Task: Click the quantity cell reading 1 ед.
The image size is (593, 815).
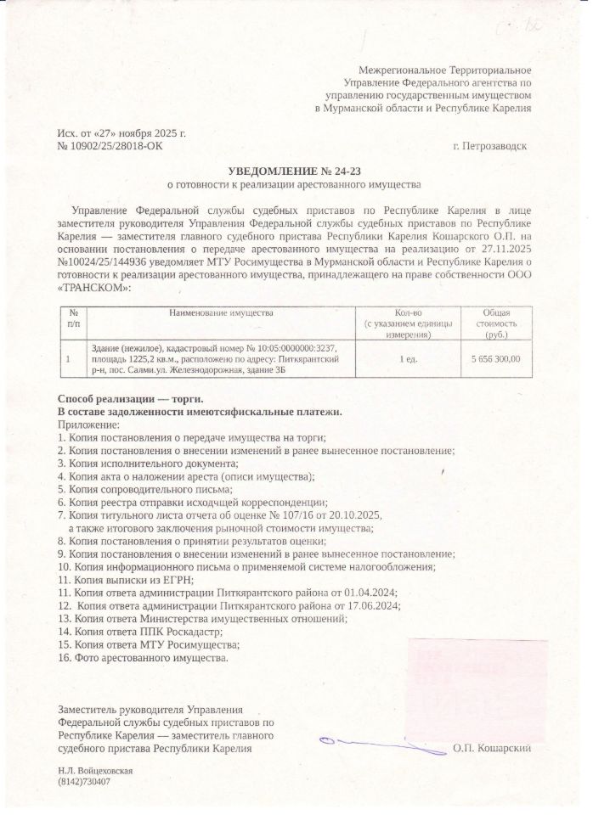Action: coord(408,360)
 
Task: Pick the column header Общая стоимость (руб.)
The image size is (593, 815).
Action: coord(495,324)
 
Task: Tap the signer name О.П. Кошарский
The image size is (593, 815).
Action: coord(492,747)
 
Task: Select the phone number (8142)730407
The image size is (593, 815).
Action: coord(84,782)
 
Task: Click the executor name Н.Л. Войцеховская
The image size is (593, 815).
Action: coord(95,771)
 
